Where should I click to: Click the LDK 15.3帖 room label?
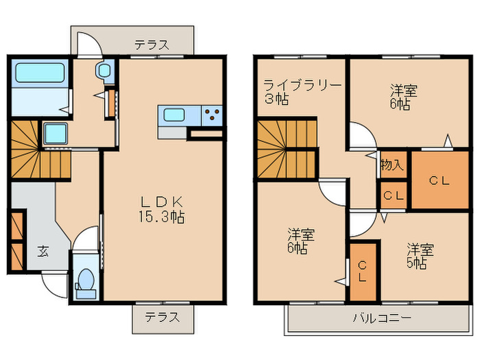coord(163,210)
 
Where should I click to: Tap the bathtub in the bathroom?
coord(39,73)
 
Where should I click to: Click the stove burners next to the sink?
coord(212,115)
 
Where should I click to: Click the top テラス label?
coord(152,45)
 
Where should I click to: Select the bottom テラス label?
coord(162,317)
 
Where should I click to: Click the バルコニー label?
coord(382,318)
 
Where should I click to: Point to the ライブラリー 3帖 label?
coord(302,91)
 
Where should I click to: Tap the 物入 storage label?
coord(392,165)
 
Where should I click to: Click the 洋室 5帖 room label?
coord(418,255)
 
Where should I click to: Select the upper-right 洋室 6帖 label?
coord(405,97)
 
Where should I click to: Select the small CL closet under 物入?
coord(393,195)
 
